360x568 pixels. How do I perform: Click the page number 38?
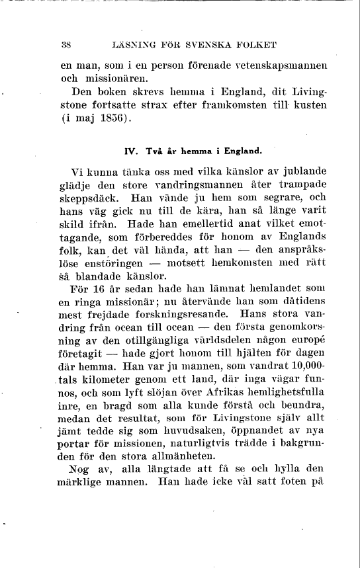pyautogui.click(x=66, y=45)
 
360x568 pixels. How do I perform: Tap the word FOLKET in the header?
pyautogui.click(x=255, y=45)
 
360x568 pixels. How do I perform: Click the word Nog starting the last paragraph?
pyautogui.click(x=81, y=471)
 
